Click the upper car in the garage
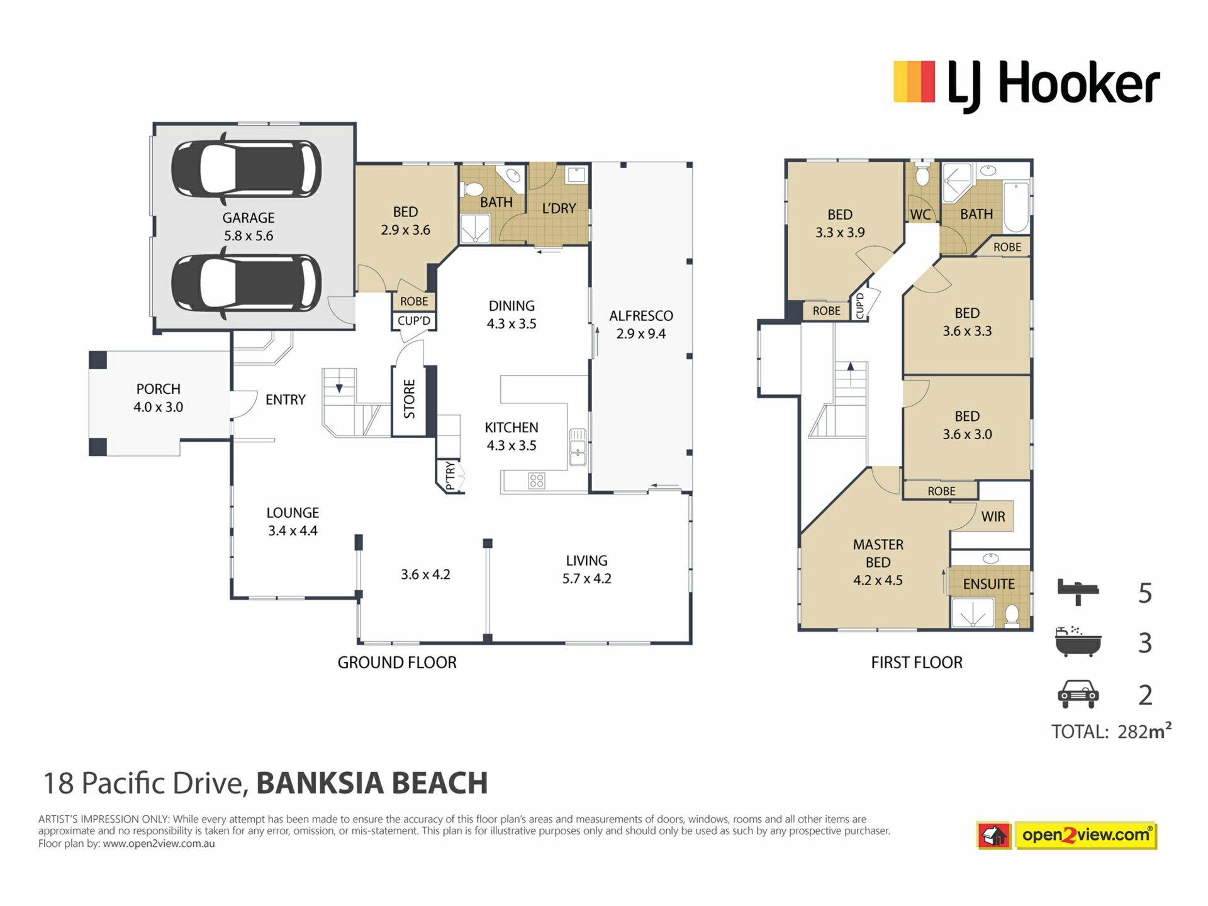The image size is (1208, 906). click(x=246, y=169)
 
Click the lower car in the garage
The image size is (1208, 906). click(x=246, y=284)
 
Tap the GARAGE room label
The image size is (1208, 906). click(x=249, y=218)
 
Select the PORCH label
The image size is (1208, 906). click(x=159, y=389)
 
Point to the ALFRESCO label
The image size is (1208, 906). click(x=641, y=316)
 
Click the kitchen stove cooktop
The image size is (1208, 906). click(x=537, y=481)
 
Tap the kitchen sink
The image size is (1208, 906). click(x=578, y=447)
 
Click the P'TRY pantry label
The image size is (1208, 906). click(x=450, y=476)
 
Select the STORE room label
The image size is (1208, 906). click(x=410, y=399)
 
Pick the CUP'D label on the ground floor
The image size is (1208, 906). click(x=414, y=321)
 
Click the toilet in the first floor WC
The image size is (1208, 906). click(x=922, y=176)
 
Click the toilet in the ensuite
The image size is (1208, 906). click(x=1012, y=615)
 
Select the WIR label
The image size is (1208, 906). click(x=993, y=517)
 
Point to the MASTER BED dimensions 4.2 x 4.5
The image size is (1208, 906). click(x=878, y=580)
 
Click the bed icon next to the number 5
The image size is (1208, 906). click(x=1078, y=592)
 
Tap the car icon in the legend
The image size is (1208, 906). click(x=1078, y=694)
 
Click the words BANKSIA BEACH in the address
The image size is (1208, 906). click(x=372, y=783)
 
